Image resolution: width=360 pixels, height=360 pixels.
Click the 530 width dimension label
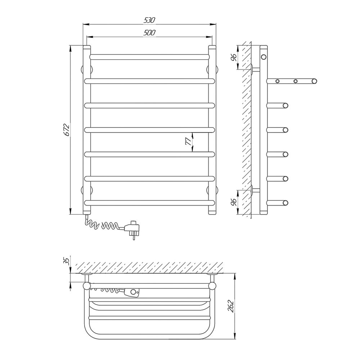(x=150, y=20)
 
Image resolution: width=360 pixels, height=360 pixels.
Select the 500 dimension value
(x=149, y=33)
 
